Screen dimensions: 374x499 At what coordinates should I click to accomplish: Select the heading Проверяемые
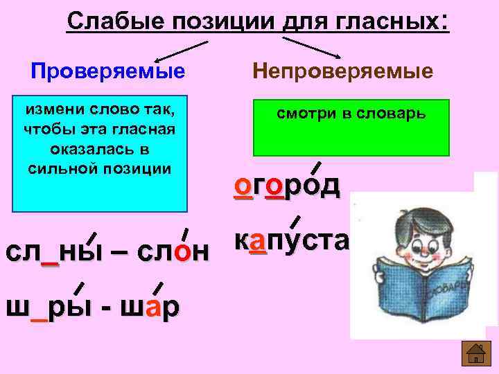pyautogui.click(x=108, y=71)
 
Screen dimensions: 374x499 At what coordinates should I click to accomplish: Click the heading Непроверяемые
pyautogui.click(x=343, y=71)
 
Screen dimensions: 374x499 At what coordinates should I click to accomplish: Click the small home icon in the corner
pyautogui.click(x=476, y=355)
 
